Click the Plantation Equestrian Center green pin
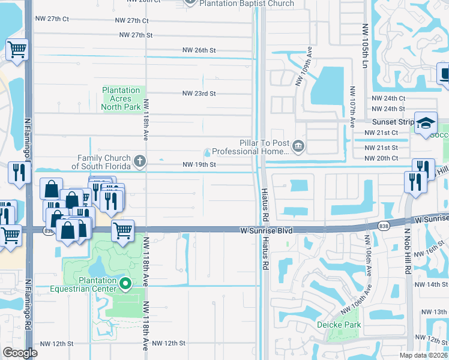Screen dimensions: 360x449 coord(125,283)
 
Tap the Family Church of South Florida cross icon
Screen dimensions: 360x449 coord(140,160)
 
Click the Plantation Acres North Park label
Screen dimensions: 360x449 coord(121,99)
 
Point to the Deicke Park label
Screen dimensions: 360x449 coord(339,325)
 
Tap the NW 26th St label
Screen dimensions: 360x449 coord(199,50)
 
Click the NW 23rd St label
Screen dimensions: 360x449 coord(199,94)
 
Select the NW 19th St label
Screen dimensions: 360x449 coord(199,164)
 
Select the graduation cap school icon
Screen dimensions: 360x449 coord(426,124)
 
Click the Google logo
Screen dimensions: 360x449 coord(20,353)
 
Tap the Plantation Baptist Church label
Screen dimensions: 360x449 coord(247,4)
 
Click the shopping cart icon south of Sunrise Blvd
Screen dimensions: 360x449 coord(122,230)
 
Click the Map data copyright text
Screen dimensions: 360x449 coord(422,355)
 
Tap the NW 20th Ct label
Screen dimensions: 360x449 coord(385,158)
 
